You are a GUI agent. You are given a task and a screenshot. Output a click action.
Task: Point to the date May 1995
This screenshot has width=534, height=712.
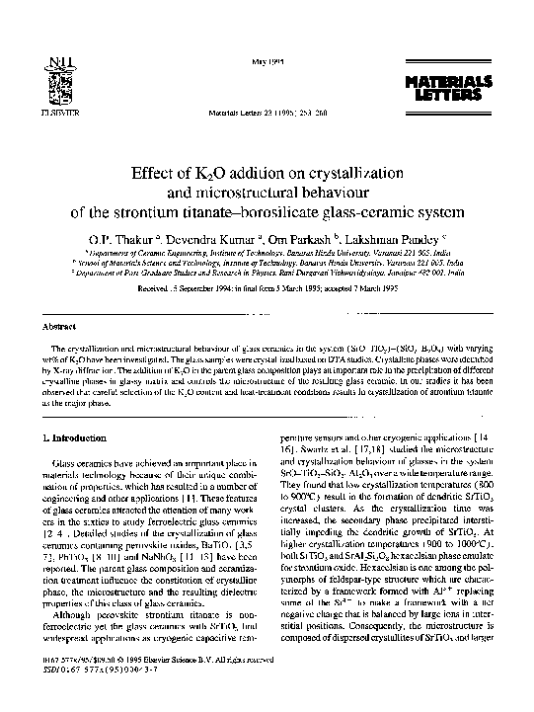(x=267, y=62)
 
